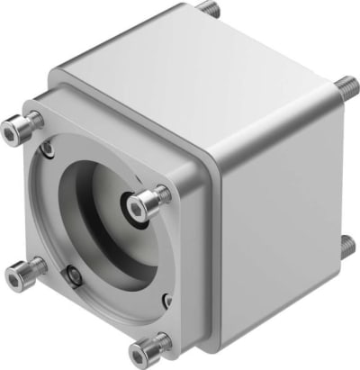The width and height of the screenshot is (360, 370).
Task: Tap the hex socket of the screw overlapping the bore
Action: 136,209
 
